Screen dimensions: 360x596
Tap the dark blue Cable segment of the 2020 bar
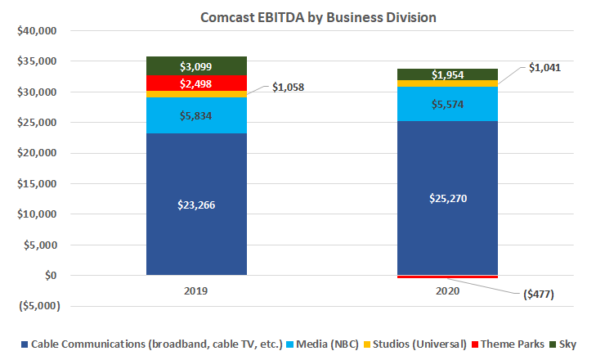[447, 164]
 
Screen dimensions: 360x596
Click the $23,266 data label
[196, 205]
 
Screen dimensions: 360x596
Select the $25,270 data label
[447, 197]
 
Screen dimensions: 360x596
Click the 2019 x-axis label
[196, 290]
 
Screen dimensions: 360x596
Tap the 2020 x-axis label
[447, 290]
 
